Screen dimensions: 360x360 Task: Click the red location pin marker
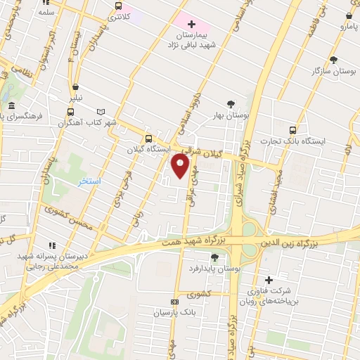[181, 165]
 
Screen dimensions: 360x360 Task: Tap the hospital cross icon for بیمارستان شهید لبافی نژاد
[191, 25]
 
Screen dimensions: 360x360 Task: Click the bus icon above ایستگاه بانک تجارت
[293, 129]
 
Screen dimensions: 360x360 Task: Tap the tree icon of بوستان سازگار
[333, 60]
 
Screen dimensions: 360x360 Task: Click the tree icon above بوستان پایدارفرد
[214, 257]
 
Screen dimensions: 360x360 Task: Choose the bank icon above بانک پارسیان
[175, 301]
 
